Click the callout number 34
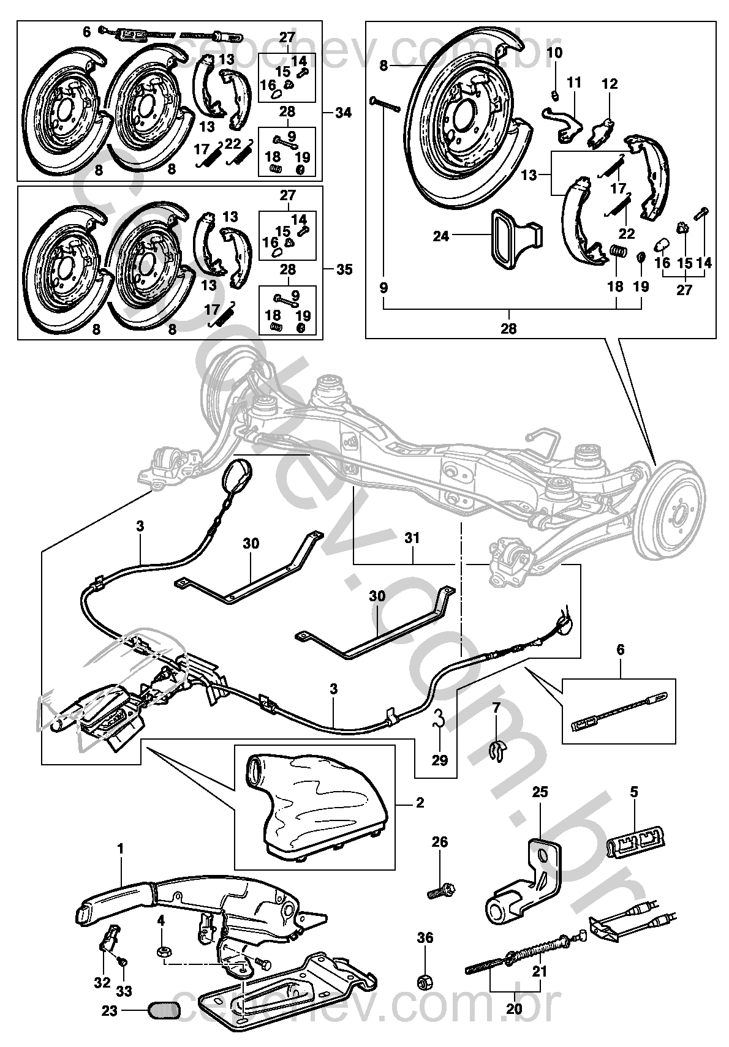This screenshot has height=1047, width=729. (344, 113)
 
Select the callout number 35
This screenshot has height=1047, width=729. (344, 269)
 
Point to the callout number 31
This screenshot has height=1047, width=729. (412, 539)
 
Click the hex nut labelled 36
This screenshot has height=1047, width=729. (425, 981)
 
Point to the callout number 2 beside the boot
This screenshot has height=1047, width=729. (420, 802)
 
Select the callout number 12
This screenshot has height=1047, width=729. (610, 84)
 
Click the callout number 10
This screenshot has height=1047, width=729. (554, 53)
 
